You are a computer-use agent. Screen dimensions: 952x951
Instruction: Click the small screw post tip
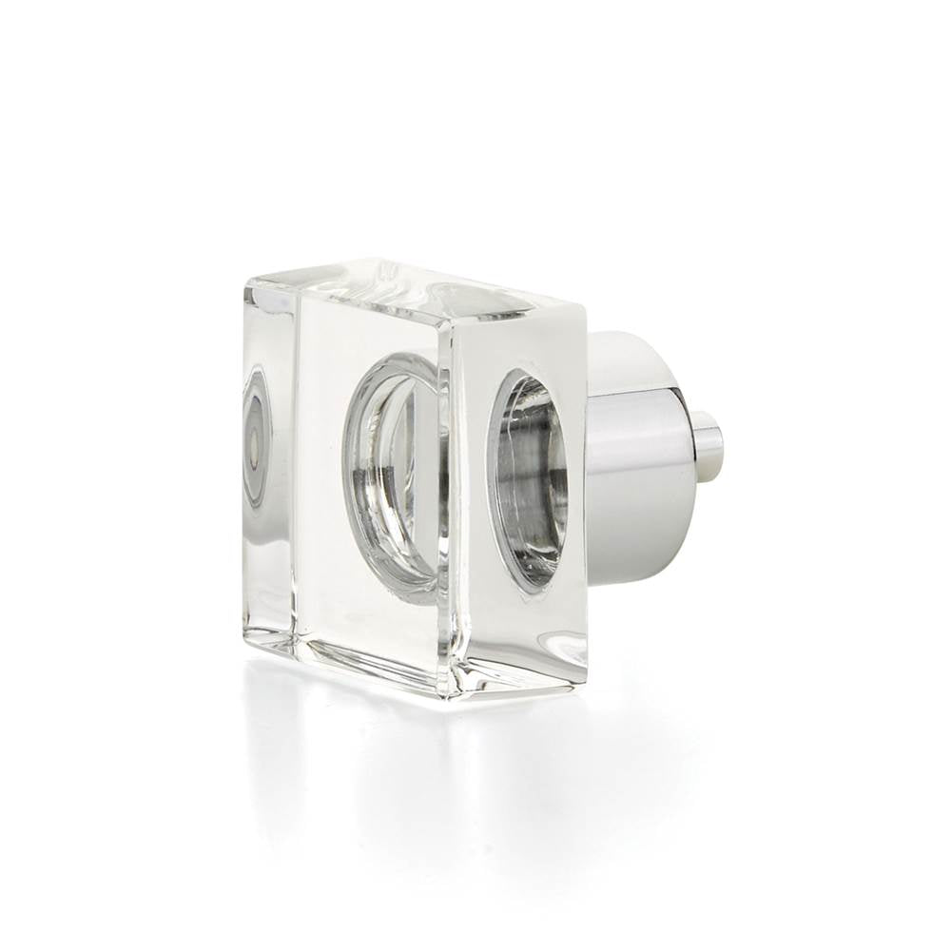(x=708, y=442)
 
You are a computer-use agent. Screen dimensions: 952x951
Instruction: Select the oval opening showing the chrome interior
(x=531, y=476)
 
